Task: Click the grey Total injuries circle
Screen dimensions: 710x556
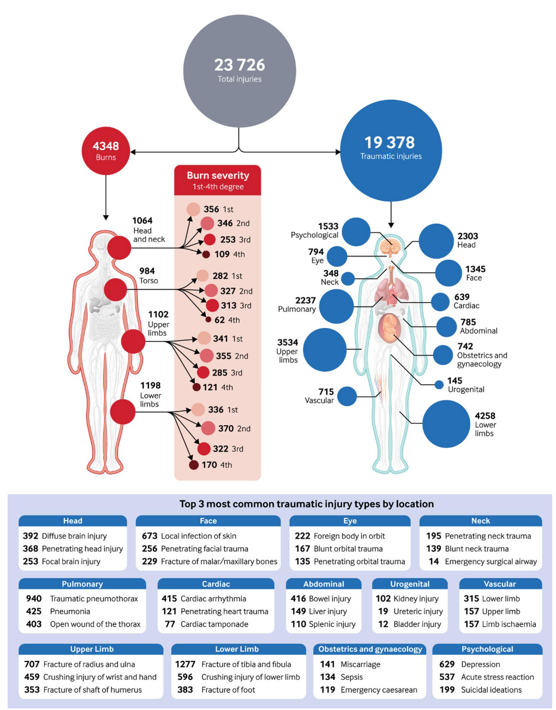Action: point(240,71)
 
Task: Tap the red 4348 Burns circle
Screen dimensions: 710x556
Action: point(105,151)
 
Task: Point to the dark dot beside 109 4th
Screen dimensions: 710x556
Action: point(206,254)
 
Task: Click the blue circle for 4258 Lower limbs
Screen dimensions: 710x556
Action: point(446,424)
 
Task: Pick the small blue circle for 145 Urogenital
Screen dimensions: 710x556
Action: point(439,385)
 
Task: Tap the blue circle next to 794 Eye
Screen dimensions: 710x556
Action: point(337,256)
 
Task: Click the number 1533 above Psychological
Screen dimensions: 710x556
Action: point(328,226)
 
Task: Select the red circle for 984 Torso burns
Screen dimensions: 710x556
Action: point(115,289)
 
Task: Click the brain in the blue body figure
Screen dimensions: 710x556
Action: point(391,248)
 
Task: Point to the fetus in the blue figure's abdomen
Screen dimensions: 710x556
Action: point(390,328)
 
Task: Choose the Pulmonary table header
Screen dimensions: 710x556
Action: point(82,584)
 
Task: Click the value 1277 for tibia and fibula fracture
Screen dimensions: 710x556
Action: point(185,664)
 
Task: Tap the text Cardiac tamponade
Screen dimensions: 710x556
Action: point(214,624)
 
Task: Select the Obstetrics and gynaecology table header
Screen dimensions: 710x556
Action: point(370,649)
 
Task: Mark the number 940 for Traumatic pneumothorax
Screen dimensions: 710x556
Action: point(34,599)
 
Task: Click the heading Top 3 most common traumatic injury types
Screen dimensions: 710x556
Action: point(307,504)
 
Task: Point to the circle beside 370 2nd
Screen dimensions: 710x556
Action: point(208,428)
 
